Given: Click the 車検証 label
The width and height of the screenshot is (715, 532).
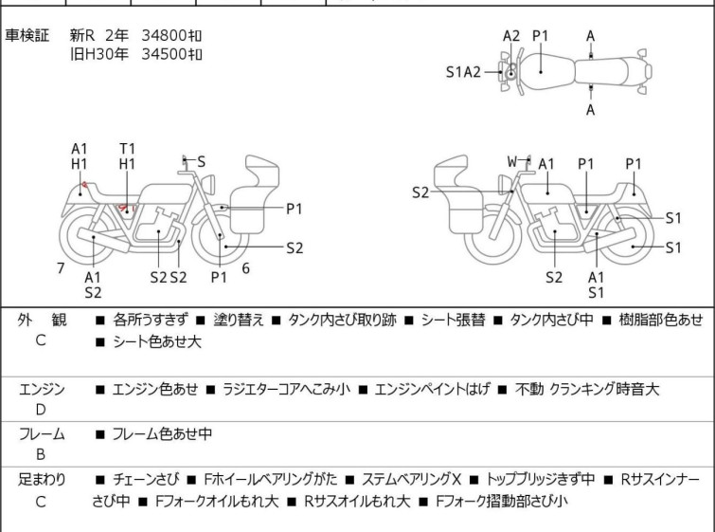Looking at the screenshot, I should pyautogui.click(x=27, y=35).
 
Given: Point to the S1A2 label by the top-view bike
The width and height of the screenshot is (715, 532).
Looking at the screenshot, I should pyautogui.click(x=464, y=71).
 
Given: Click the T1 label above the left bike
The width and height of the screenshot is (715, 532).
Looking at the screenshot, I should pyautogui.click(x=128, y=148).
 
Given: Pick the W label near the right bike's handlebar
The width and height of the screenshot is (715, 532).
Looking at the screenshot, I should pyautogui.click(x=512, y=162).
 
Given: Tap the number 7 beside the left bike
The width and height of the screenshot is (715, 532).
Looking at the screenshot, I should pyautogui.click(x=61, y=268).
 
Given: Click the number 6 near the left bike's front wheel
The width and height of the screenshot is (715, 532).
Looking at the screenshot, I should pyautogui.click(x=245, y=268).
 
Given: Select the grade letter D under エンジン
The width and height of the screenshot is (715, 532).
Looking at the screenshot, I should pyautogui.click(x=41, y=410).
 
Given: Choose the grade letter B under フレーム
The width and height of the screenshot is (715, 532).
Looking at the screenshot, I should pyautogui.click(x=41, y=455).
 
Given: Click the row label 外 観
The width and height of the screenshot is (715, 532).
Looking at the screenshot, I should pyautogui.click(x=42, y=321).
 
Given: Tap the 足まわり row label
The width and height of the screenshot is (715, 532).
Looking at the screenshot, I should pyautogui.click(x=42, y=480).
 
